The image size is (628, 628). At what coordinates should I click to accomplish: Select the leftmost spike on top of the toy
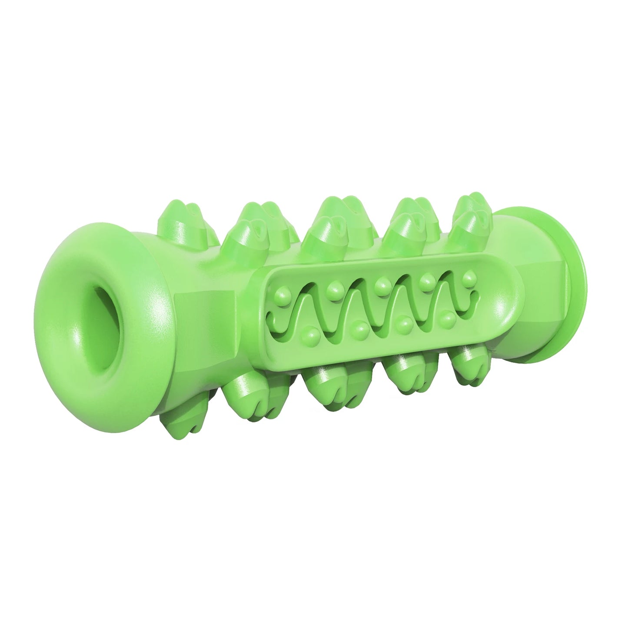[178, 217]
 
